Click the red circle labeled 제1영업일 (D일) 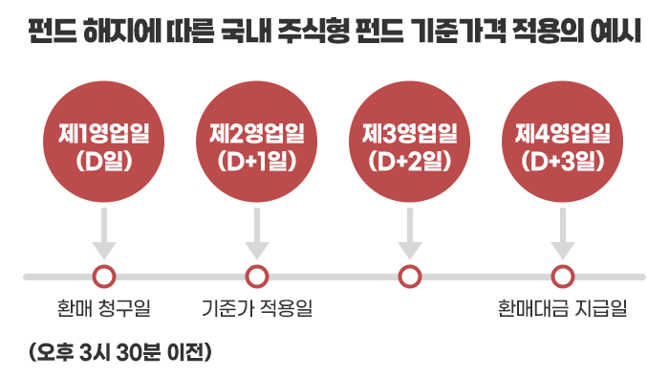click(x=103, y=142)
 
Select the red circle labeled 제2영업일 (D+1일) click(x=256, y=142)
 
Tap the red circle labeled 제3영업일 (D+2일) click(x=410, y=142)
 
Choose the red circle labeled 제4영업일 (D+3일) click(x=562, y=142)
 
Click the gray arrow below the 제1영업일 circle click(x=103, y=233)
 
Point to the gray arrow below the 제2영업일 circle click(x=256, y=233)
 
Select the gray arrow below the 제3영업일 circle click(x=410, y=233)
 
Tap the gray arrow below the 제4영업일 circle click(x=562, y=233)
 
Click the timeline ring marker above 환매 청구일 click(x=103, y=268)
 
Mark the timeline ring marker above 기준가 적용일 click(x=256, y=268)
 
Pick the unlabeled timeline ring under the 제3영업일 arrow click(x=410, y=268)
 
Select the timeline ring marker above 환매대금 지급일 click(x=562, y=268)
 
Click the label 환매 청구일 click(x=103, y=308)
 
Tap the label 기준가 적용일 click(x=257, y=308)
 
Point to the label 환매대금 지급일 click(x=562, y=308)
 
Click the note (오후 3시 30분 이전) click(x=120, y=352)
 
